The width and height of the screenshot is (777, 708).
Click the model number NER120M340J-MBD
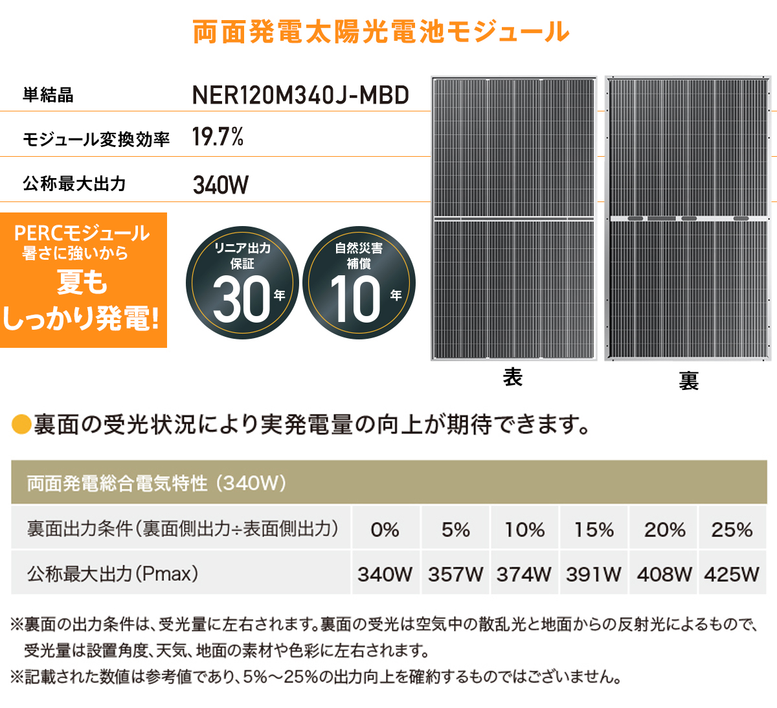(300, 95)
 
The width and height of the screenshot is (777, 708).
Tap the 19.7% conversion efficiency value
(218, 137)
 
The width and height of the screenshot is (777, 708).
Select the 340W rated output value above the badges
(221, 185)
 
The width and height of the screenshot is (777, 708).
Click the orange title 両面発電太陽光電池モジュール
(381, 32)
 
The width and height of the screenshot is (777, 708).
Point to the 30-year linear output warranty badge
(242, 283)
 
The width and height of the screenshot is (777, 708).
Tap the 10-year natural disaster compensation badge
(359, 283)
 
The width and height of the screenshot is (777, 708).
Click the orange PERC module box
(83, 280)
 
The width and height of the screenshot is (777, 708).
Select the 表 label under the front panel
(512, 377)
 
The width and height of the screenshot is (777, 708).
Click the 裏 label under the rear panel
(688, 380)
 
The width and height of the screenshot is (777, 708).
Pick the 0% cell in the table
(385, 529)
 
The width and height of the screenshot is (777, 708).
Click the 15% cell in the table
(594, 529)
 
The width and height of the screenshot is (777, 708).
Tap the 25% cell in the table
(732, 529)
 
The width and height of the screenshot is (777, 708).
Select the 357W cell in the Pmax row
(455, 574)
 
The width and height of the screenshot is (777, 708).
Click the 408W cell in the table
(664, 574)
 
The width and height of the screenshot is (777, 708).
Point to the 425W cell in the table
(732, 574)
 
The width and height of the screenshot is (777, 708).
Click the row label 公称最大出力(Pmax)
(113, 573)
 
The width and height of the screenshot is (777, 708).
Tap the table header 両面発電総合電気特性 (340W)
(156, 483)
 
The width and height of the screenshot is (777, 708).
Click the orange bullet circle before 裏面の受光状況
(21, 425)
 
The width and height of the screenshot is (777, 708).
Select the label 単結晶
(48, 95)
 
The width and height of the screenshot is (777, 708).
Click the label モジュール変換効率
(96, 139)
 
